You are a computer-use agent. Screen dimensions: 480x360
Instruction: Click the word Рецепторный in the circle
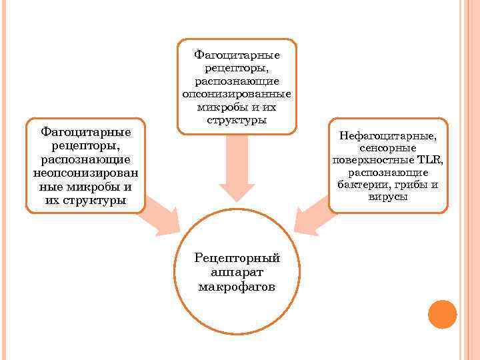click(x=237, y=259)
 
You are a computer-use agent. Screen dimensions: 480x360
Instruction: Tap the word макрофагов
click(x=237, y=287)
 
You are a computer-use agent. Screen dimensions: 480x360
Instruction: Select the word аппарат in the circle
click(x=237, y=273)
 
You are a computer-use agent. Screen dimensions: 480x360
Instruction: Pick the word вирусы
click(x=388, y=197)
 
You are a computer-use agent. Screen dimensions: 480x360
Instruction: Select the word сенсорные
click(x=388, y=148)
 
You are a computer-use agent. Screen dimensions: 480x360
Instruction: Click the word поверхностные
click(x=373, y=160)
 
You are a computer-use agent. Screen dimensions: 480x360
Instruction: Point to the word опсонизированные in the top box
click(x=237, y=94)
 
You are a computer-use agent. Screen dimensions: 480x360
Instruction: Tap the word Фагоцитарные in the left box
click(x=85, y=132)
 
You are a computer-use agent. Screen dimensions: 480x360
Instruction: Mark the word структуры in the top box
click(x=237, y=121)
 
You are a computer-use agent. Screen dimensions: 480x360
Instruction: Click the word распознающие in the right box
click(x=388, y=172)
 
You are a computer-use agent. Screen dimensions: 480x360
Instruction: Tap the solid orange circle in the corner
click(x=441, y=314)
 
